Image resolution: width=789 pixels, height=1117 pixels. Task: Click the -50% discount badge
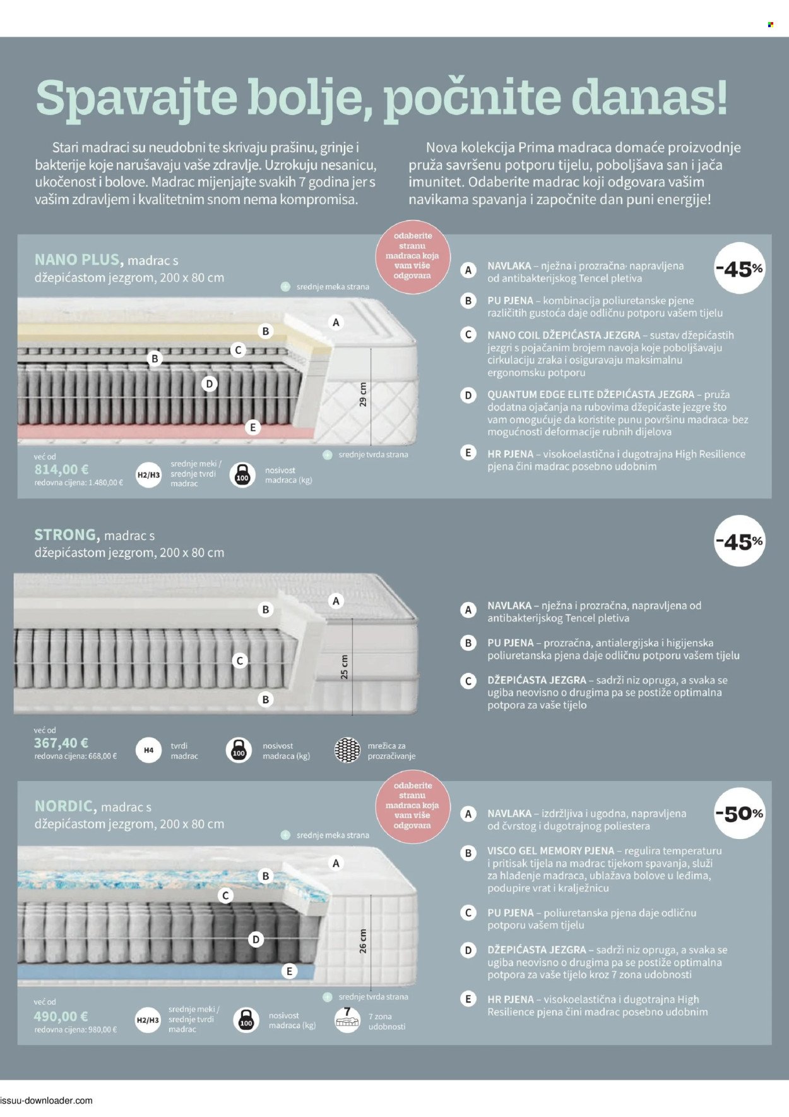click(739, 814)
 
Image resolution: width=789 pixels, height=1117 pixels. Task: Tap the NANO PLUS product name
click(78, 260)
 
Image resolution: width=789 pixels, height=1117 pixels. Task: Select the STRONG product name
click(67, 535)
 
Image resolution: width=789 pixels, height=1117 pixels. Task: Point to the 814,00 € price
click(61, 469)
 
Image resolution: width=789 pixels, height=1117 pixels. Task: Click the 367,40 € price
click(61, 743)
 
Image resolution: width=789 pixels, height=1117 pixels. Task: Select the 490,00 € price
click(61, 1017)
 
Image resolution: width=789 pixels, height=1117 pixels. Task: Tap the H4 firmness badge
click(148, 751)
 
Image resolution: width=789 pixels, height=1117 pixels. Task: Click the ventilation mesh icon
click(347, 751)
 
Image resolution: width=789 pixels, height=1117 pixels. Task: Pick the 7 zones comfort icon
click(347, 1020)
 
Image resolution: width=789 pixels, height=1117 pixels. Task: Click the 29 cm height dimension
click(363, 394)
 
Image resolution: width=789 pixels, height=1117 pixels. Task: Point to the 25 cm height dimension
click(344, 667)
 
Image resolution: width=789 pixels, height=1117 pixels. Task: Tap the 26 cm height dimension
click(363, 941)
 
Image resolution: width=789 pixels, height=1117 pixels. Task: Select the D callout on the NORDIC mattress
click(256, 940)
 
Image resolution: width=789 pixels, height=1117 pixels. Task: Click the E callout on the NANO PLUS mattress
click(253, 428)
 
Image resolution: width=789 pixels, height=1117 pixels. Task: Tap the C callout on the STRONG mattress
click(239, 661)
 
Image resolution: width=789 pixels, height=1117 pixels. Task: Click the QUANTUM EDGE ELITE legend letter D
click(468, 395)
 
